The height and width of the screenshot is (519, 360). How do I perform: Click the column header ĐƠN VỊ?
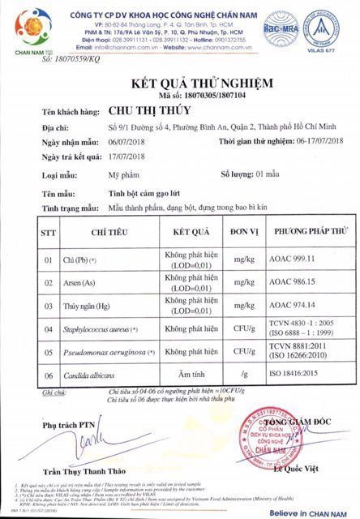[242, 231]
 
